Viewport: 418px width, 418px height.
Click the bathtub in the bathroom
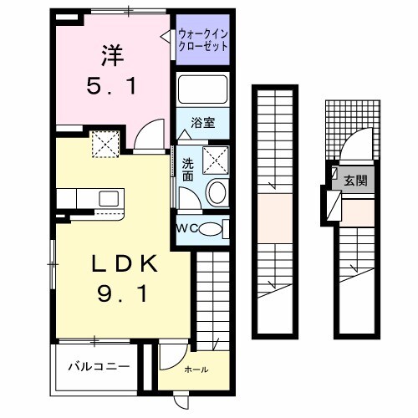204,90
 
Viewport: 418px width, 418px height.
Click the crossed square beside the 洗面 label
215,156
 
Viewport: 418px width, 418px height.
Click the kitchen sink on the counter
109,199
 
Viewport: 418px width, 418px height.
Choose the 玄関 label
356,180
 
